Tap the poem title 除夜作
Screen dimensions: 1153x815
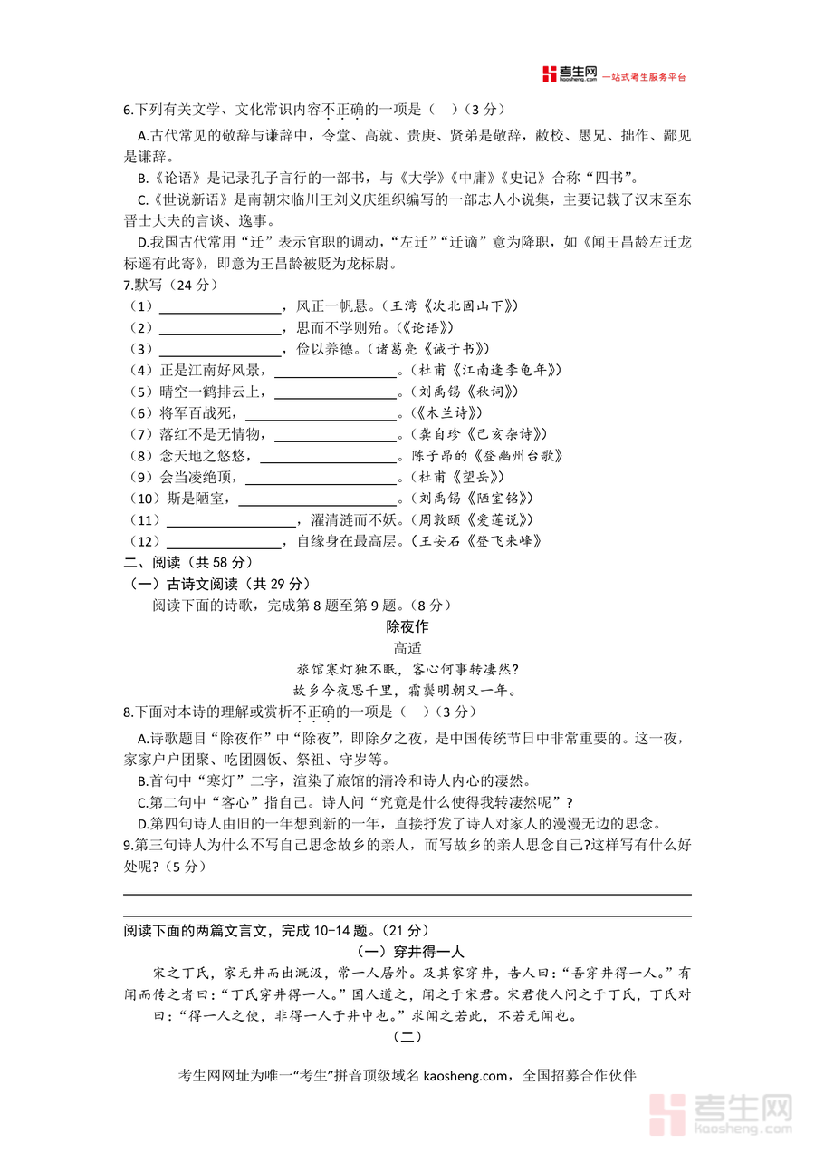tap(407, 626)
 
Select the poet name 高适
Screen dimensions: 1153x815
tap(407, 648)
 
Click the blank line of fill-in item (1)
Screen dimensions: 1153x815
tap(220, 306)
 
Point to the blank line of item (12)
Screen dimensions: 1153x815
tap(220, 541)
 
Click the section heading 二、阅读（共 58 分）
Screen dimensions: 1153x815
tap(188, 562)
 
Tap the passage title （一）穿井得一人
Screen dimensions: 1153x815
tap(407, 951)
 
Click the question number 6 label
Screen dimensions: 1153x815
tap(128, 110)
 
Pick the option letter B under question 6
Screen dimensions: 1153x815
tap(141, 178)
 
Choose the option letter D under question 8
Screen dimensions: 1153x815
tap(141, 823)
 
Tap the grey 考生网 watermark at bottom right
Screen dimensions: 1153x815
tap(724, 1113)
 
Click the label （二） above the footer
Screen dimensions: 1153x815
tap(407, 1036)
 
